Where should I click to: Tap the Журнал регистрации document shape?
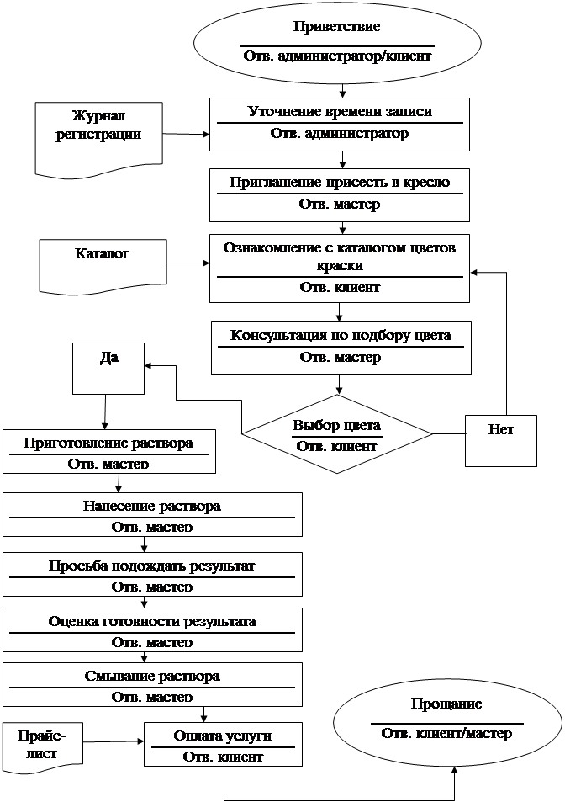pos(98,138)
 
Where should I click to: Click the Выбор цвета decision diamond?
pos(336,434)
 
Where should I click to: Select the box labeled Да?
pos(108,369)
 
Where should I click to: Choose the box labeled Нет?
pos(500,441)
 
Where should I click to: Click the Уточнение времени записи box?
pos(340,125)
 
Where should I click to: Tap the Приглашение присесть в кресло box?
pos(340,195)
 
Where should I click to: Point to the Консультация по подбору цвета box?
pos(341,348)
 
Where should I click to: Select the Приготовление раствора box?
pos(109,452)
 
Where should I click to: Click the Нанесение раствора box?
pos(152,514)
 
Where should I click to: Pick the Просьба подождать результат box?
pos(152,575)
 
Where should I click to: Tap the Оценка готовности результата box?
pos(152,629)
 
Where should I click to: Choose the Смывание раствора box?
pos(152,684)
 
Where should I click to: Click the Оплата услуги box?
pos(224,744)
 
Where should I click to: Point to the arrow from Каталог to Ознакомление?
pos(188,263)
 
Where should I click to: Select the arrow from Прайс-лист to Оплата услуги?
pos(114,741)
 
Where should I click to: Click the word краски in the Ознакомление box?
pos(340,265)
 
